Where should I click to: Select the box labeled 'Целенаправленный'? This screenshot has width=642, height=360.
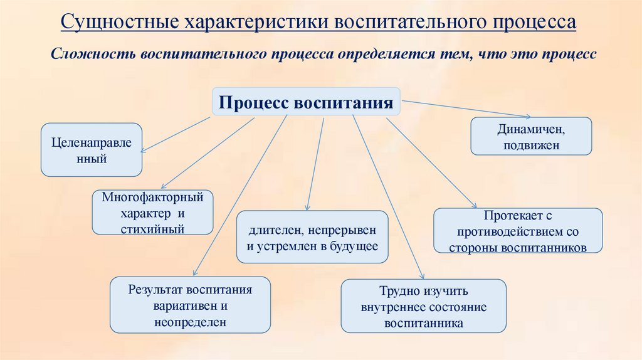tap(92, 150)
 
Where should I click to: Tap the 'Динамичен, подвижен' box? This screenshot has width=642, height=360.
tap(531, 136)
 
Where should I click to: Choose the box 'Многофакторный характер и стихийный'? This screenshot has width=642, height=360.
tap(152, 213)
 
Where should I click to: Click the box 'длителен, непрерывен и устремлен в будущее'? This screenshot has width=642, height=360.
tap(312, 236)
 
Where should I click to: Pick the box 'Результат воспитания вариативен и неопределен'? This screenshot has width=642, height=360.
tap(190, 305)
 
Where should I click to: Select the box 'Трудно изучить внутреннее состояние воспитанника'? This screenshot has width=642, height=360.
tap(423, 307)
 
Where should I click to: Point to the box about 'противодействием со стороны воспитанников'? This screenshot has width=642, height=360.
tap(518, 231)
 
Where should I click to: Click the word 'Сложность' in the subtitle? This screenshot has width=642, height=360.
tap(92, 54)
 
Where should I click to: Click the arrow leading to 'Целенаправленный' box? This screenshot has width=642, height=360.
tap(176, 134)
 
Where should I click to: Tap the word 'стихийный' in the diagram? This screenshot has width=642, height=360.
tap(152, 228)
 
